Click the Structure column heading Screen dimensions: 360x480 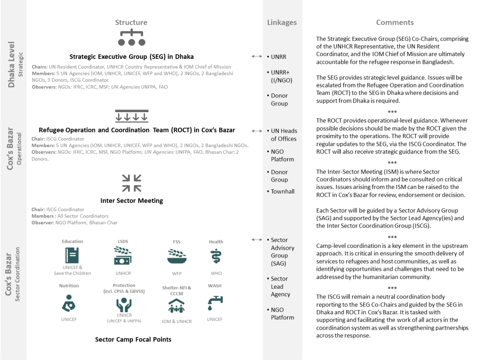[x=131, y=22]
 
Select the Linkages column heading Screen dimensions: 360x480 [x=282, y=22]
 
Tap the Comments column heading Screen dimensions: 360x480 [x=394, y=22]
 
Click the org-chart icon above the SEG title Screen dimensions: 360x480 [x=131, y=37]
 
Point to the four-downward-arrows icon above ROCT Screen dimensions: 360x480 [x=132, y=116]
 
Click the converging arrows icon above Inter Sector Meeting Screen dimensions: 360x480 [x=132, y=183]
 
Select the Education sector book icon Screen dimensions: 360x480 [x=72, y=255]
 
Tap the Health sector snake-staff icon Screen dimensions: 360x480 [x=216, y=256]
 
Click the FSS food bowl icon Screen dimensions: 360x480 [x=177, y=256]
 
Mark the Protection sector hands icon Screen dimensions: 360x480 [x=124, y=304]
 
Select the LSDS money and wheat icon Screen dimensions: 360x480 [x=123, y=256]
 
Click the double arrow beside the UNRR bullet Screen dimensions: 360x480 [x=257, y=56]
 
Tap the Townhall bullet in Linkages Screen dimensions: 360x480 [x=282, y=191]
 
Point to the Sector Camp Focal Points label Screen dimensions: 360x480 [x=133, y=339]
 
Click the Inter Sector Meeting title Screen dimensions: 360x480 [x=132, y=201]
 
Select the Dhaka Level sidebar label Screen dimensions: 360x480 [x=11, y=64]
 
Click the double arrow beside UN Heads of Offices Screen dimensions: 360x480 [x=257, y=131]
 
